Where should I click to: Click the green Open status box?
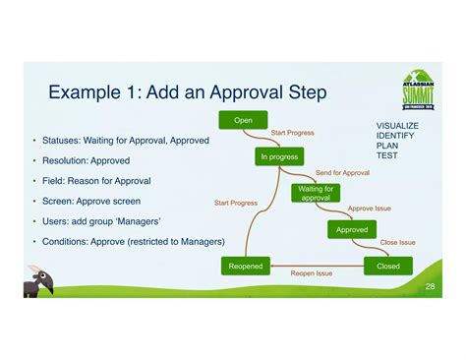(x=243, y=120)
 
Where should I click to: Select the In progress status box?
(x=279, y=156)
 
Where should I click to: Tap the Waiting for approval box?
(x=315, y=192)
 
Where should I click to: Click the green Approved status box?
(x=351, y=229)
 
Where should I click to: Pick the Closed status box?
(x=387, y=266)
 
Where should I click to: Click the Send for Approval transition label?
(x=342, y=173)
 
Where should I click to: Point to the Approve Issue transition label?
(x=369, y=209)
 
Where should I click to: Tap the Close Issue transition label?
(x=397, y=242)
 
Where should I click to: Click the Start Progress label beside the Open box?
(x=292, y=133)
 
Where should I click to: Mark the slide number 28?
(x=431, y=285)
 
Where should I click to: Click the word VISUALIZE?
(x=397, y=126)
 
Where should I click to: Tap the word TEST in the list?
(x=386, y=155)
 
